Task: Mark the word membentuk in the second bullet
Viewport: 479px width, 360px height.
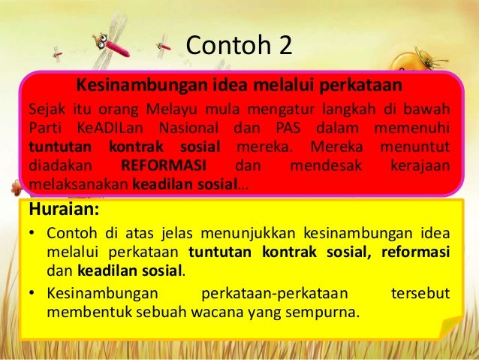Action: coord(82,309)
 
